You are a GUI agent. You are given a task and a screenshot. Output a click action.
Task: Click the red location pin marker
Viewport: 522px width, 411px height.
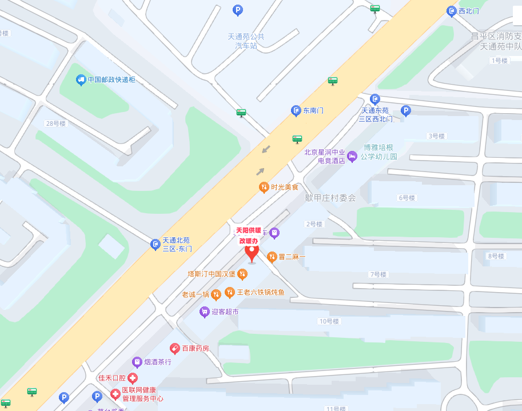point(252,252)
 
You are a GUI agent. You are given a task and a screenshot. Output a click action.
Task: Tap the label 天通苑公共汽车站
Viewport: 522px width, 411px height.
point(246,41)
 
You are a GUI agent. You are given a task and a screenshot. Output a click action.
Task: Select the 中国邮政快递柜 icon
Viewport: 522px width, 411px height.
point(81,80)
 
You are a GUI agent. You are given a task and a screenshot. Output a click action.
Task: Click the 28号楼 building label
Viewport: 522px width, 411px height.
point(56,123)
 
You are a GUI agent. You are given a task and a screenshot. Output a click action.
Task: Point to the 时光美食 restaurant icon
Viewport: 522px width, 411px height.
point(264,187)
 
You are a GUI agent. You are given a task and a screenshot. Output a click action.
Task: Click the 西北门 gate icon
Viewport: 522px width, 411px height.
point(451,11)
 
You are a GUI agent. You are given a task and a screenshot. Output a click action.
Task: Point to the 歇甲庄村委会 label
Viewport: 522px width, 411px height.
point(330,198)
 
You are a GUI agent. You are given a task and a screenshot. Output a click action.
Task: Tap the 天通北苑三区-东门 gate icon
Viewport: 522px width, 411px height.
point(155,245)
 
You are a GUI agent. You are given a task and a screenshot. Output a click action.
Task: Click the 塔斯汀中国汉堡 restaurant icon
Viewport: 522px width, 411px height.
point(242,274)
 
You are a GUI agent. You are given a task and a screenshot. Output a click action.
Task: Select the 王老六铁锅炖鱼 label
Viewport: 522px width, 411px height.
point(261,293)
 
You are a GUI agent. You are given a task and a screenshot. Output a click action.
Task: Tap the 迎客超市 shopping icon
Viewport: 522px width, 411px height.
point(204,312)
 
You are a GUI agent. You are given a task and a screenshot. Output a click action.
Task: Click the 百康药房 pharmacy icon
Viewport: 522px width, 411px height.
point(175,348)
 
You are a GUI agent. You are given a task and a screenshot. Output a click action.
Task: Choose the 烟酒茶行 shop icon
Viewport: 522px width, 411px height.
point(137,362)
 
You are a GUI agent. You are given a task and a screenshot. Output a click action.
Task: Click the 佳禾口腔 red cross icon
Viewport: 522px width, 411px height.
point(133,378)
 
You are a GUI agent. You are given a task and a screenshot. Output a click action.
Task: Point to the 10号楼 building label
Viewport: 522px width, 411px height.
point(329,321)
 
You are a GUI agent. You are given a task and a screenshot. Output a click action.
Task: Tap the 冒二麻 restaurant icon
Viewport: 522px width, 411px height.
point(272,257)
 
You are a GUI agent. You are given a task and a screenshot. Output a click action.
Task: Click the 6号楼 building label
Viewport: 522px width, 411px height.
point(406,198)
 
